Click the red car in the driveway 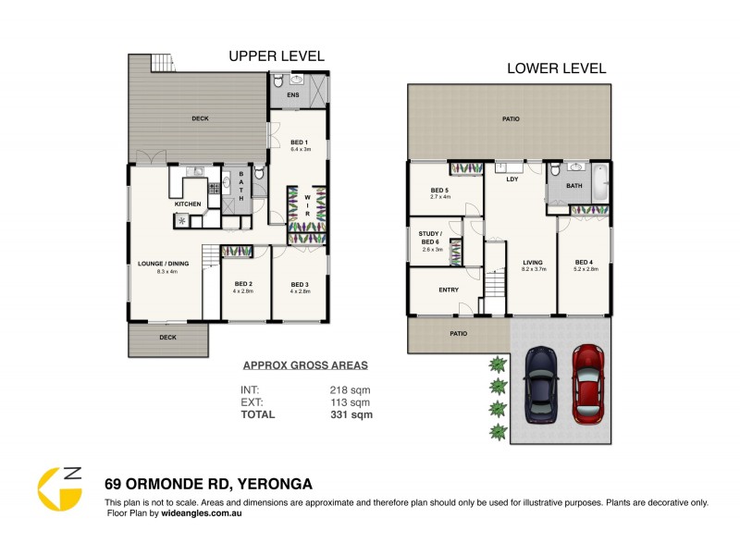point(587,383)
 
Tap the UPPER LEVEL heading point(277,56)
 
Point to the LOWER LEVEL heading point(556,68)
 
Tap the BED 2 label point(243,284)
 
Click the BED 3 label point(299,284)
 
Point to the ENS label point(292,95)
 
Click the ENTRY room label point(449,290)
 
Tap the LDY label point(511,179)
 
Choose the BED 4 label point(583,262)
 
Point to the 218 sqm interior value point(351,389)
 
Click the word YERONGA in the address point(277,483)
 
